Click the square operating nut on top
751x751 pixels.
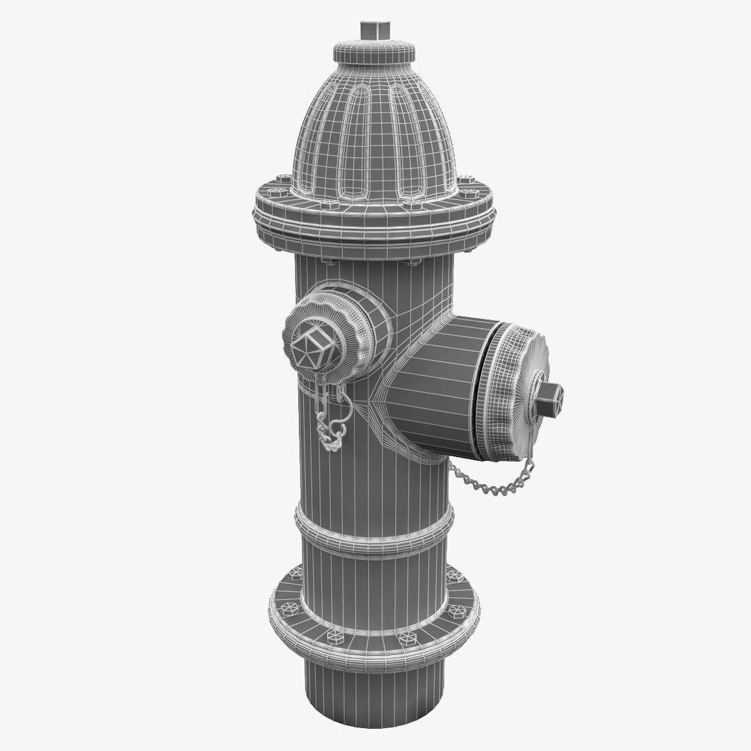(x=374, y=31)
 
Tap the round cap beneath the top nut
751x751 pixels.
(x=374, y=51)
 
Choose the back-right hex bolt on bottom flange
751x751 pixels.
(x=454, y=576)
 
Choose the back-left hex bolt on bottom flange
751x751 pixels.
(x=296, y=573)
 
